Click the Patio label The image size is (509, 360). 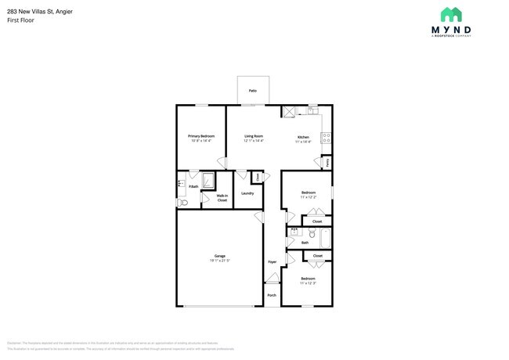pos(253,91)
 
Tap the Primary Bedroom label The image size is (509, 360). pos(201,135)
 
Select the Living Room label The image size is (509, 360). pos(253,135)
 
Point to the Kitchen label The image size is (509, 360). pos(303,137)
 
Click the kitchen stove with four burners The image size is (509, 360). pos(327,139)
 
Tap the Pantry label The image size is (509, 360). pos(327,162)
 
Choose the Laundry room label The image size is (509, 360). pos(247,193)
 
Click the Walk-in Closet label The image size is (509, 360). pos(222,198)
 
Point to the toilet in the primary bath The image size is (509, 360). pos(182,203)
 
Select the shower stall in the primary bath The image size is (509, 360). pos(209,182)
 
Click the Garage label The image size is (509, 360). pos(220,256)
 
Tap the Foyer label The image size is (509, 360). pos(272,261)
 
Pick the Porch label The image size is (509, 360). pos(272,295)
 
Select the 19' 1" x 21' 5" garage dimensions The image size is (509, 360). pos(220,261)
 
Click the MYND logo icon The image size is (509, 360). pos(451,15)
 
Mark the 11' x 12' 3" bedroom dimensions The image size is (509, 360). pos(308,283)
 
